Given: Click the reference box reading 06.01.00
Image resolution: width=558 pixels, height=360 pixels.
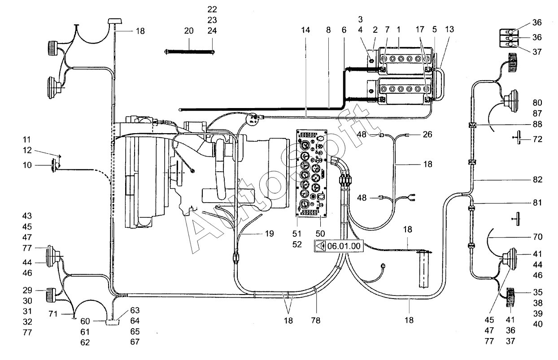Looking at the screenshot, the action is click(339, 246).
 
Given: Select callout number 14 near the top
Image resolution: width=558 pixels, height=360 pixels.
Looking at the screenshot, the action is click(305, 30).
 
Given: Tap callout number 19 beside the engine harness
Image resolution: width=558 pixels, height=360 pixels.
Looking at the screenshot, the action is click(269, 234).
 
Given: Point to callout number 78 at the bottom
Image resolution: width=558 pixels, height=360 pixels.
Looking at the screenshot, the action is click(316, 321).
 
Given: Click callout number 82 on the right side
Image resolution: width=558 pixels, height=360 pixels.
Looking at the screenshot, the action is click(537, 179).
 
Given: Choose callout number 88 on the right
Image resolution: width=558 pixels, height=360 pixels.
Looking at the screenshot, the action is click(537, 124).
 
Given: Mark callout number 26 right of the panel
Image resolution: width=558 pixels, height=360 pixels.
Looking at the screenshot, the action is click(427, 134).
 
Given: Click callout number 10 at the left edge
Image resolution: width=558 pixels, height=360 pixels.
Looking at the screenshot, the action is click(27, 165).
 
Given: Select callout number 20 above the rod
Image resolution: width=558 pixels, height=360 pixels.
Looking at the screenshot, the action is click(189, 31).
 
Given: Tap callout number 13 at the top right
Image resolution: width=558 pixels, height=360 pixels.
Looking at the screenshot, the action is click(449, 30).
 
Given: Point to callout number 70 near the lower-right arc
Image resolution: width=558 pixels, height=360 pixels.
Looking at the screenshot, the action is click(537, 237).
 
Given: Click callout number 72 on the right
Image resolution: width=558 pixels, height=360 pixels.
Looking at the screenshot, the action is click(537, 139).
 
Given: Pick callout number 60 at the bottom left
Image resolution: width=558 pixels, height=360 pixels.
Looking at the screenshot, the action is click(85, 321).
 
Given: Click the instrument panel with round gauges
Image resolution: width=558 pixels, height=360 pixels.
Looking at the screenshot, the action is click(311, 173).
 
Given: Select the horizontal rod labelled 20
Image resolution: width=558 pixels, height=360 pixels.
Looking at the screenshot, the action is click(190, 52).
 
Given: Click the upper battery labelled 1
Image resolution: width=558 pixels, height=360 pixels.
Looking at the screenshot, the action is click(405, 61).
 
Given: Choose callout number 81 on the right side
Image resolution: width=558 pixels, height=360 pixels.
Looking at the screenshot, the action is click(537, 203).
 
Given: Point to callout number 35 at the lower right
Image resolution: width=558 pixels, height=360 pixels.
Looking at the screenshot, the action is click(537, 292).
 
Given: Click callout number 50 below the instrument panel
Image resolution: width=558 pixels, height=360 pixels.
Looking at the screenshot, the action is click(320, 234).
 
